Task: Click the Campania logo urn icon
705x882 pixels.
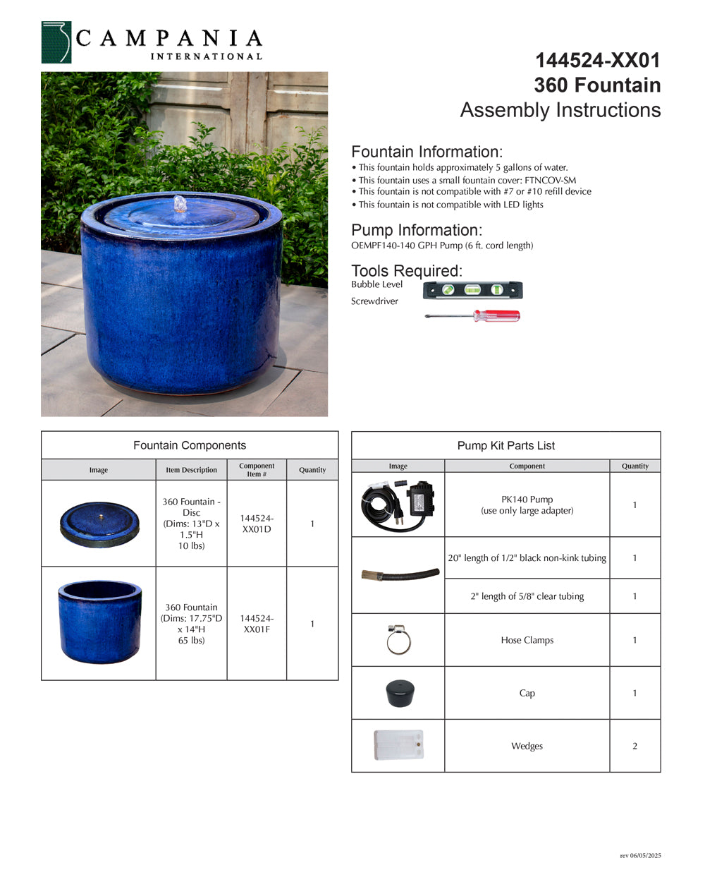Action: [56, 42]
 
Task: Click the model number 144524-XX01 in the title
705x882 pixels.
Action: [598, 61]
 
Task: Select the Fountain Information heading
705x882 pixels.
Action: [427, 152]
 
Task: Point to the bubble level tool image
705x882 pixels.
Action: [472, 290]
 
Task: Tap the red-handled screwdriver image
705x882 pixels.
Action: [472, 315]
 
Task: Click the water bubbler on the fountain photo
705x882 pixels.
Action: [181, 204]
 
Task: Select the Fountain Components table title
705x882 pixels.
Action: [190, 445]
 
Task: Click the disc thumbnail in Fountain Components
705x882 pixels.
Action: [99, 524]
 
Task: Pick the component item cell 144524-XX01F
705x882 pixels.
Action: [257, 624]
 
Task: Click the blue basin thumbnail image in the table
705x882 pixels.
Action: [99, 622]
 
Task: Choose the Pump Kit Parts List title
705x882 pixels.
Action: [505, 445]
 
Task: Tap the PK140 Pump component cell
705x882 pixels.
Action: [527, 505]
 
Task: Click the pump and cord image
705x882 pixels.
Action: [398, 505]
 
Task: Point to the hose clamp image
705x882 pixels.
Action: [398, 639]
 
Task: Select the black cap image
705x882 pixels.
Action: [399, 693]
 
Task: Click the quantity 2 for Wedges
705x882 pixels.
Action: [634, 746]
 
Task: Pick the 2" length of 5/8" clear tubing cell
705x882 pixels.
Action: [527, 596]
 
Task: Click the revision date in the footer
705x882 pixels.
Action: [640, 856]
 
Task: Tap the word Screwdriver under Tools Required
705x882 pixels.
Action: [374, 301]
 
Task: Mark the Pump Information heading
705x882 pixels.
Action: [417, 230]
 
